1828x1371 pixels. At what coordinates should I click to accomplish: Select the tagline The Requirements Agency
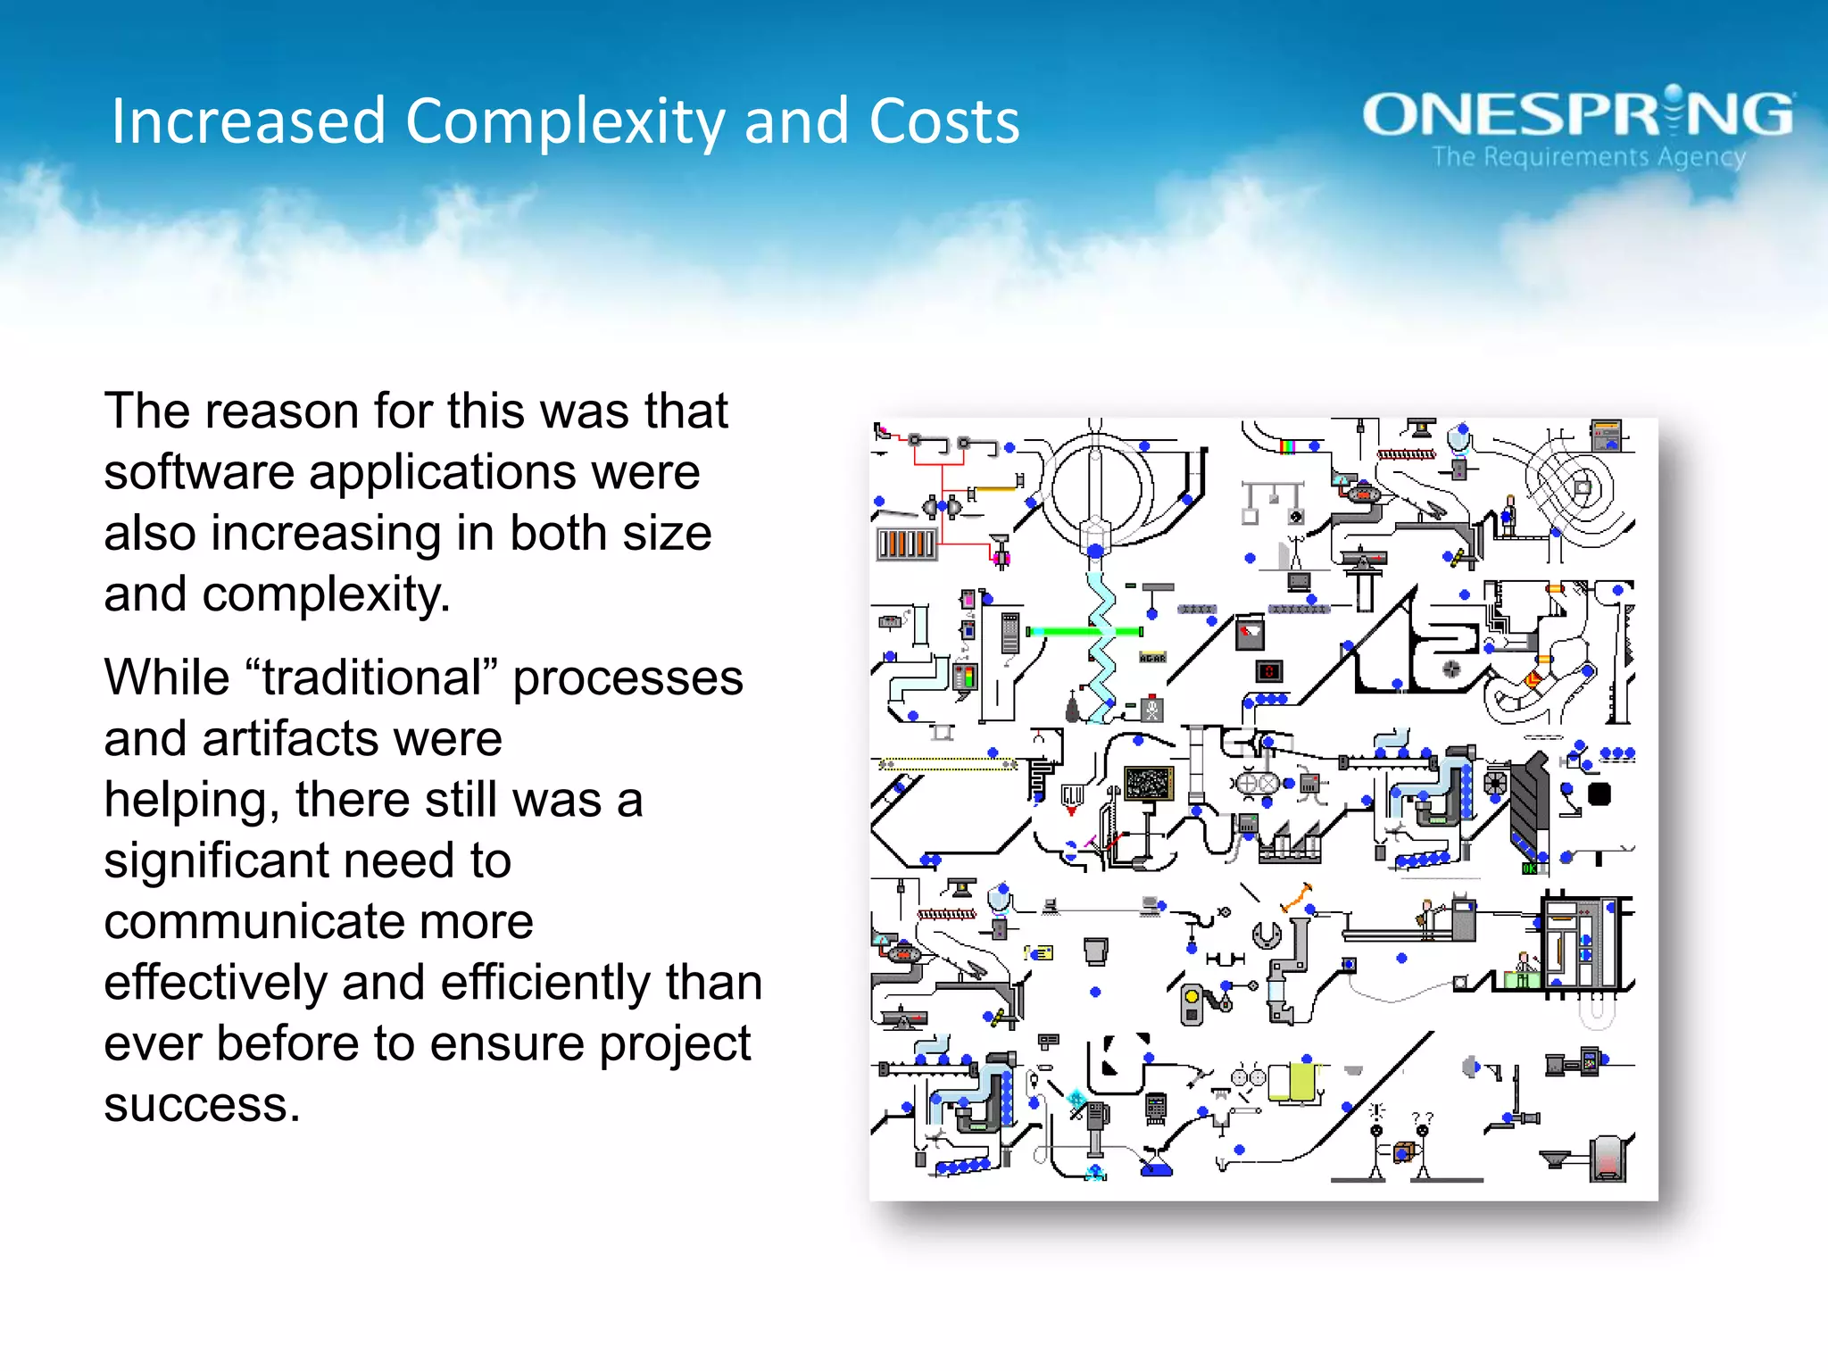point(1588,157)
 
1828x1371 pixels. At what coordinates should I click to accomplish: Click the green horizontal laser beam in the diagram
point(1082,632)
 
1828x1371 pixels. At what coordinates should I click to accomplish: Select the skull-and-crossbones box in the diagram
point(1152,710)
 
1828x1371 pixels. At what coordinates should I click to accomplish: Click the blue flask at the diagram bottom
point(1157,1166)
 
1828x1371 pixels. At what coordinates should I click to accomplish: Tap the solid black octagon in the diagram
point(1599,794)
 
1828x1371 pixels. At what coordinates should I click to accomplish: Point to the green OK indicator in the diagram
point(1530,868)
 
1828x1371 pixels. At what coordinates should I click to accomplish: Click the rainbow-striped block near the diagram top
point(1287,445)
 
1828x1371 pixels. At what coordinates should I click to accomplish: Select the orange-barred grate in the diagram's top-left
point(906,544)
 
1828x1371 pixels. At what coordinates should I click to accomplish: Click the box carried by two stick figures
point(1402,1152)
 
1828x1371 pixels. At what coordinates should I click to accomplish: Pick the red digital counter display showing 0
point(1268,671)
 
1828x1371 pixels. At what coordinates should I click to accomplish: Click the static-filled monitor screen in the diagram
point(1148,784)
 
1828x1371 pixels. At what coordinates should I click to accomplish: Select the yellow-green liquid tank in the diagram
point(1301,1082)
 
